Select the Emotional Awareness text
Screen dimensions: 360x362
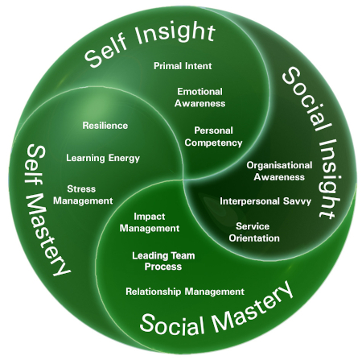pyautogui.click(x=201, y=97)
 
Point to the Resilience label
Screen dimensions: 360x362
pyautogui.click(x=105, y=126)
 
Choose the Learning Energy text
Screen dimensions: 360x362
pyautogui.click(x=103, y=158)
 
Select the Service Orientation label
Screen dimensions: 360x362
pyautogui.click(x=257, y=232)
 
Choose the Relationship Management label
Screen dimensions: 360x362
pyautogui.click(x=185, y=291)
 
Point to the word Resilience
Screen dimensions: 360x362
pyautogui.click(x=105, y=126)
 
